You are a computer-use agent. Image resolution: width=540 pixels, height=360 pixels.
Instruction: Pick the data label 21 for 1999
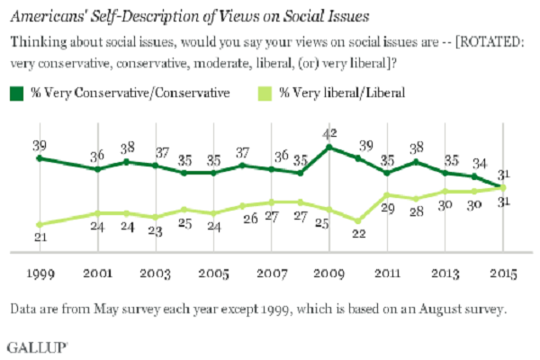click(38, 237)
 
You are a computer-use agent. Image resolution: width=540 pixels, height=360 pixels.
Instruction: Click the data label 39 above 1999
click(38, 144)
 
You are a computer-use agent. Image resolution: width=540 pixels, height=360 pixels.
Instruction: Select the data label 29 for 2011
click(389, 208)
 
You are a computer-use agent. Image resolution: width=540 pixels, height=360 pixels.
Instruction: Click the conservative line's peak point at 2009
click(330, 147)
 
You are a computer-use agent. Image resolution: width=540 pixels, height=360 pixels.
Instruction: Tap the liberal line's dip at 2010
click(359, 220)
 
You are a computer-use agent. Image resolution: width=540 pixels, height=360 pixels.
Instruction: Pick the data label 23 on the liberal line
click(155, 229)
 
